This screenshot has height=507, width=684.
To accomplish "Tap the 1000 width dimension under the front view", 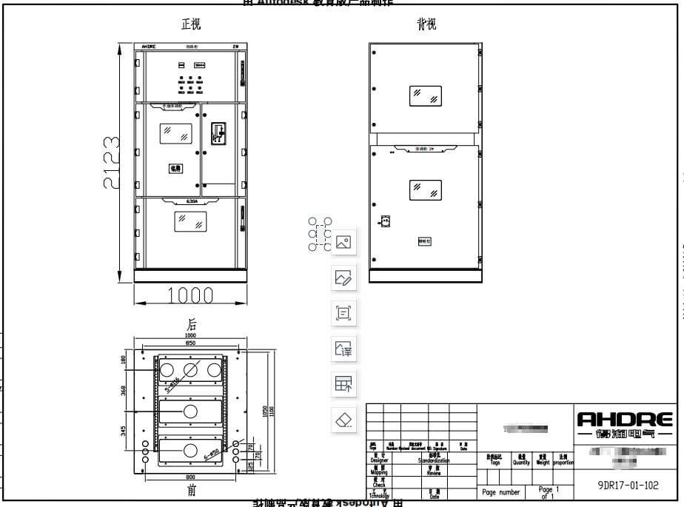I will (190, 295).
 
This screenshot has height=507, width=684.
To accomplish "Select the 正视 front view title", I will (191, 24).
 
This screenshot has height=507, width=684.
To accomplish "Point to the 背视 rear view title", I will (426, 24).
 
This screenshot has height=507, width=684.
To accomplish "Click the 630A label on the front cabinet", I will (191, 200).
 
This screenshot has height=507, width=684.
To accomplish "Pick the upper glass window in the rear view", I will (425, 95).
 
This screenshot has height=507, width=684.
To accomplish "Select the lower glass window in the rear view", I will (425, 190).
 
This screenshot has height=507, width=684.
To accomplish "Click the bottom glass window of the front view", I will (191, 221).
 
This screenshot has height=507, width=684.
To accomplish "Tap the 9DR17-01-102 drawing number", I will (627, 487).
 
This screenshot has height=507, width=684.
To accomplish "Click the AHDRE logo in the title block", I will (625, 419).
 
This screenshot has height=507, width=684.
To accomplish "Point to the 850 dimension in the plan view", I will (191, 343).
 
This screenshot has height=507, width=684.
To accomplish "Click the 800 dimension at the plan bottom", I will (191, 477).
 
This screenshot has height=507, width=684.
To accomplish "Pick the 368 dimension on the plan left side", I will (124, 390).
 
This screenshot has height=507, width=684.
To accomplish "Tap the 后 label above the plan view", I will (191, 324).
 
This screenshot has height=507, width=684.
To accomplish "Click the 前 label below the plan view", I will (191, 490).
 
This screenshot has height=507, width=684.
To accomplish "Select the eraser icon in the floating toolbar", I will (343, 420).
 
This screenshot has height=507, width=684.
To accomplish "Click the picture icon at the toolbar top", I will (343, 242).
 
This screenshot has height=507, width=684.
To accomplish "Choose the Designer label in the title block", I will (379, 460).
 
